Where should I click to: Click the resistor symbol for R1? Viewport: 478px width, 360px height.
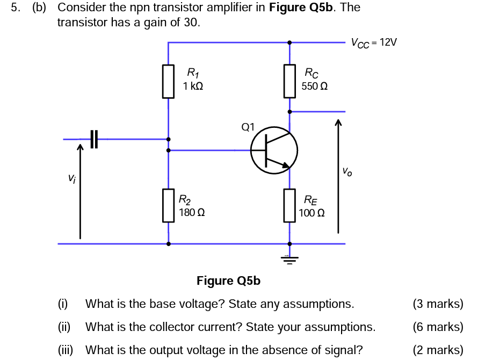pos(169,82)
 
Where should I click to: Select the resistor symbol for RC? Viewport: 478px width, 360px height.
pos(290,81)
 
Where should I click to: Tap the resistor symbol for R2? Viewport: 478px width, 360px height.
pos(169,205)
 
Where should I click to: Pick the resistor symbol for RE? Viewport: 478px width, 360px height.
pos(290,205)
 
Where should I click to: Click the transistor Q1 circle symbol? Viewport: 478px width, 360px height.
pos(274,150)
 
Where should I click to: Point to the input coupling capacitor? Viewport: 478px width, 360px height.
pos(95,139)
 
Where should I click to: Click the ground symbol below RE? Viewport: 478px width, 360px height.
pos(290,261)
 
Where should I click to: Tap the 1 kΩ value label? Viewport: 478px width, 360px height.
pos(193,85)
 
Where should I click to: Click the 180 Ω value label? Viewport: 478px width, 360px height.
pos(192,212)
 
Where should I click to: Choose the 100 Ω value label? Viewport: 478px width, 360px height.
pos(312,212)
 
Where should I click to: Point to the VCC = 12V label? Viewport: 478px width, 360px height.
pos(374,42)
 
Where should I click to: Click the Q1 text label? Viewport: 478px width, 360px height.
pos(249,127)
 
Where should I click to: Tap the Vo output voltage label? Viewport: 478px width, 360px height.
pos(348,172)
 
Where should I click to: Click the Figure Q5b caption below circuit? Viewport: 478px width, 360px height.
pos(228,280)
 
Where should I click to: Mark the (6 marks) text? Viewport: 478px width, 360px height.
pos(438,327)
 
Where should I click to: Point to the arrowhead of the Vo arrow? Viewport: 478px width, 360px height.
pos(338,123)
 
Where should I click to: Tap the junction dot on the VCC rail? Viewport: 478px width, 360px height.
pos(290,42)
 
